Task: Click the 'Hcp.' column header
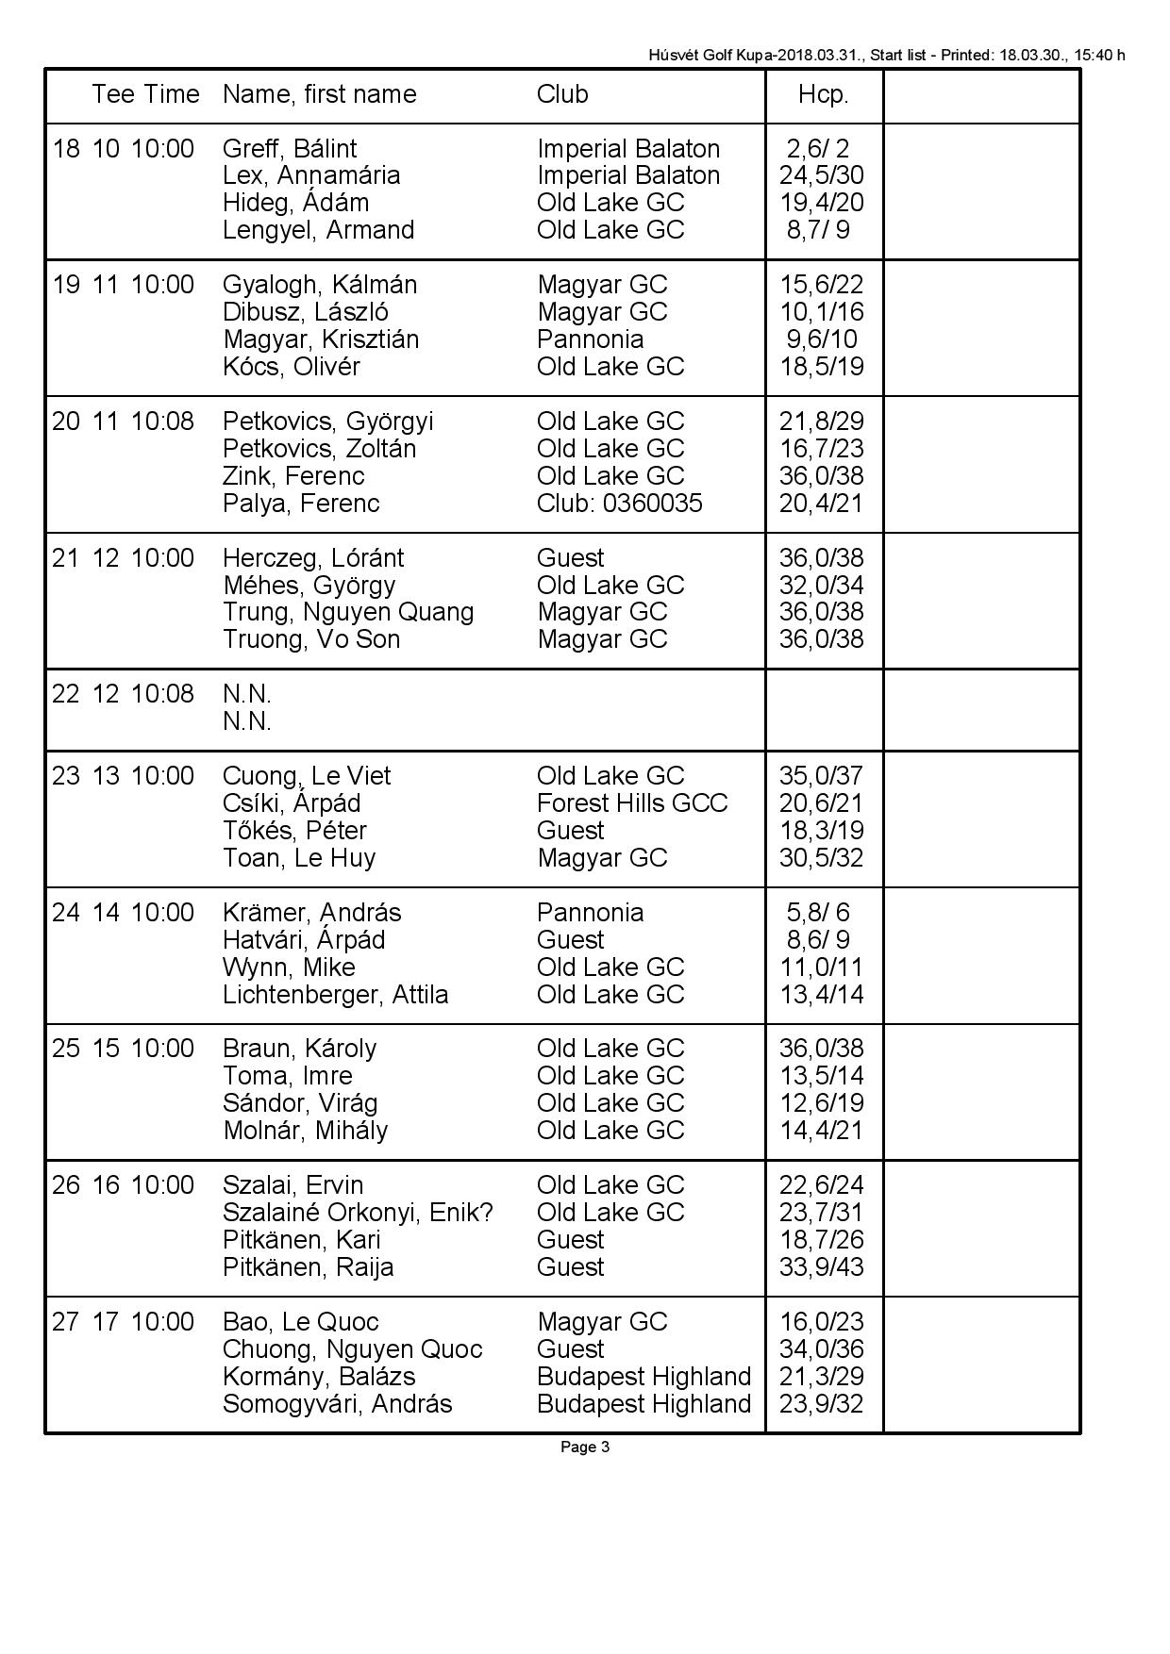click(823, 94)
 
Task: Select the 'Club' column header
click(562, 94)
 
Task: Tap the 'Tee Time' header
click(145, 94)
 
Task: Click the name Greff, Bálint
click(290, 149)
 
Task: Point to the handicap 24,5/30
click(821, 175)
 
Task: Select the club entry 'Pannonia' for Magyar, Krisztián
click(590, 339)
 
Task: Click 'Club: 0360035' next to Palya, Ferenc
click(619, 504)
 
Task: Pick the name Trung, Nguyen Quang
click(348, 612)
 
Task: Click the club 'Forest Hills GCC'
click(632, 803)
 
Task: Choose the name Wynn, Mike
click(289, 968)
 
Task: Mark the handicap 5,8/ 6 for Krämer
click(818, 913)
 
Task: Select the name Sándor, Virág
click(300, 1103)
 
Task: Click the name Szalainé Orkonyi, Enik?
click(358, 1213)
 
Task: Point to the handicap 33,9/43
click(821, 1267)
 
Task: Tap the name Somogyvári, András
click(337, 1404)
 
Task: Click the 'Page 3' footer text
click(585, 1447)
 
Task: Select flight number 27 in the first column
click(66, 1322)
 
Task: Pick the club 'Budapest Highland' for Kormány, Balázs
click(643, 1377)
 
